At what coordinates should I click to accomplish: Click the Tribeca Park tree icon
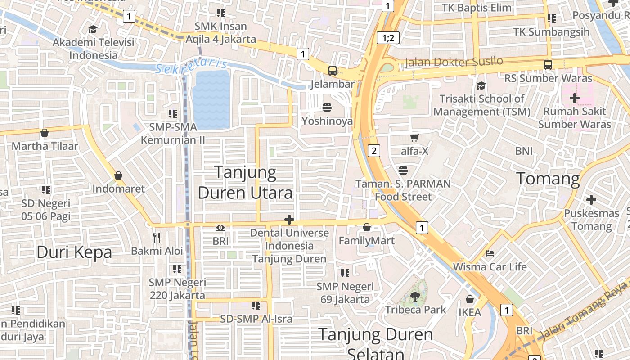coord(415,296)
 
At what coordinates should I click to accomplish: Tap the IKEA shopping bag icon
coord(470,299)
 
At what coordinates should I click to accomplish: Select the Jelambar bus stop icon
coord(332,70)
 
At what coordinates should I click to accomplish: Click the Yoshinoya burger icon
coord(327,108)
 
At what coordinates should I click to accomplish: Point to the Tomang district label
coord(548,179)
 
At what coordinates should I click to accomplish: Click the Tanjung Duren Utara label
coord(245,182)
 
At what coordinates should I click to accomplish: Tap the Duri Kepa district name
coord(74,252)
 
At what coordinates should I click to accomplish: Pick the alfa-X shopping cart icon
coord(414,138)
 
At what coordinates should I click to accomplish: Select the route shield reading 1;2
coord(388,38)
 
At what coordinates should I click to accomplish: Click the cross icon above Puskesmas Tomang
coord(591,199)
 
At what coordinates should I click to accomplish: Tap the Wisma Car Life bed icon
coord(490,253)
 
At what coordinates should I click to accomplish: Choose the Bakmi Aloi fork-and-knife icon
coord(157,237)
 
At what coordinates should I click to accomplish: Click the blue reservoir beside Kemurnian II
coord(211,100)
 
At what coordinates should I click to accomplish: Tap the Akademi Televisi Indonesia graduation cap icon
coord(93,29)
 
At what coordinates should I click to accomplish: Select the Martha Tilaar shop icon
coord(45,133)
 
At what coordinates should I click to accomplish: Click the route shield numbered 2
coord(374,151)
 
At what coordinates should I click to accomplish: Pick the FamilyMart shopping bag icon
coord(367,227)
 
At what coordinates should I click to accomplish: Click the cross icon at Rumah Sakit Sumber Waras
coord(574,98)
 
